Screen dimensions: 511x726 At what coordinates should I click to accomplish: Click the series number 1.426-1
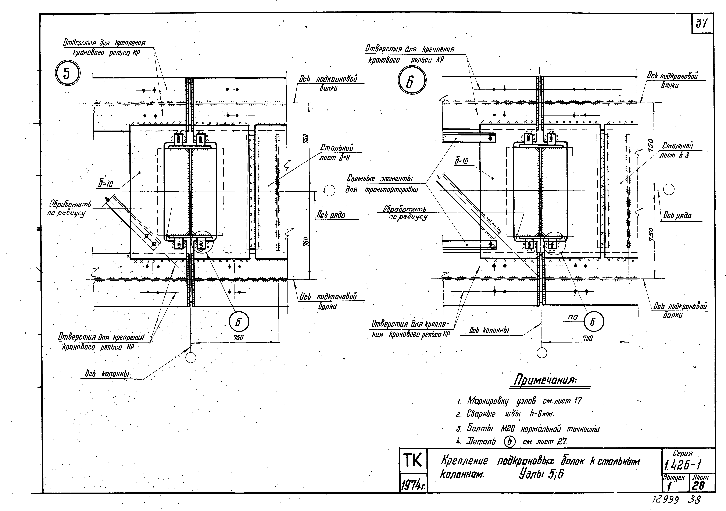(x=683, y=465)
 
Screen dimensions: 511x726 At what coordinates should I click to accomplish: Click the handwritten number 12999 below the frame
(x=664, y=500)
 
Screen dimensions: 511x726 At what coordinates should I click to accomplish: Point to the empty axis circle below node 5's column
(x=191, y=358)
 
